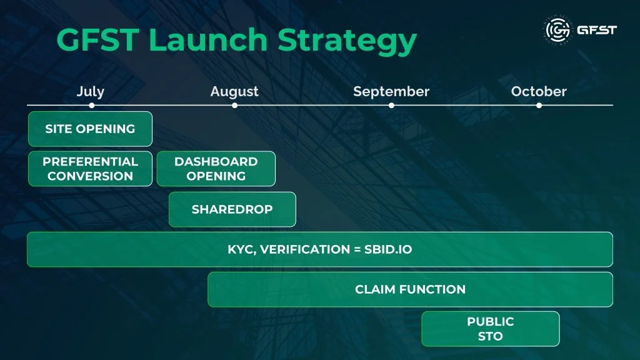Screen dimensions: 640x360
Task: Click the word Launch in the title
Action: [207, 39]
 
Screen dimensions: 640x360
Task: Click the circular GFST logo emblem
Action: [558, 30]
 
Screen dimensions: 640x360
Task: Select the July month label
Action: [91, 92]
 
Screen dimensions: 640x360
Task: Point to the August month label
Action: [234, 92]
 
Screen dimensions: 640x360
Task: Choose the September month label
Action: [391, 92]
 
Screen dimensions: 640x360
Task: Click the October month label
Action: [539, 91]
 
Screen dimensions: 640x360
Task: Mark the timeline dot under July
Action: [92, 105]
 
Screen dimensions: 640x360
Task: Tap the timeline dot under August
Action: [235, 105]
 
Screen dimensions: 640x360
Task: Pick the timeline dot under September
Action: [391, 105]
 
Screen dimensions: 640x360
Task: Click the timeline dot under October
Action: [539, 105]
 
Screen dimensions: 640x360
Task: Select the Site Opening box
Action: [90, 129]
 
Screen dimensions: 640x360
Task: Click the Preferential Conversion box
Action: [90, 169]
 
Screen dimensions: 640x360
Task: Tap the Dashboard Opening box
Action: [216, 169]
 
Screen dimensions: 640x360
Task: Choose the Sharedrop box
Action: [232, 209]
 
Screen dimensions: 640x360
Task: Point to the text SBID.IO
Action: [388, 249]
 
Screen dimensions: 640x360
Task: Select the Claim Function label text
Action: [410, 289]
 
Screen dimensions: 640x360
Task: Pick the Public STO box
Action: [491, 329]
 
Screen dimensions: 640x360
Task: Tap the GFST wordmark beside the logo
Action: [597, 30]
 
